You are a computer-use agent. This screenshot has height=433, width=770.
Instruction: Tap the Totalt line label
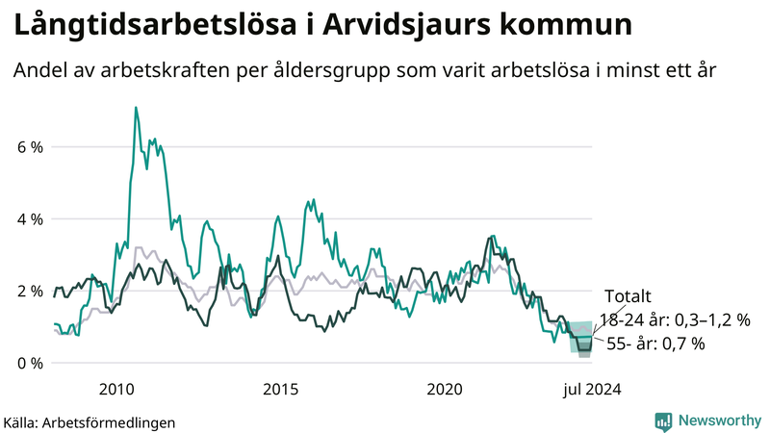click(628, 295)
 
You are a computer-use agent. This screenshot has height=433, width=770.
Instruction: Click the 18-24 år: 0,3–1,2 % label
click(674, 319)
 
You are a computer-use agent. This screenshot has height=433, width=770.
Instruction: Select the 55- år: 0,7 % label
click(655, 344)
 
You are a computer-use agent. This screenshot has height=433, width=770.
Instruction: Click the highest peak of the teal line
click(136, 108)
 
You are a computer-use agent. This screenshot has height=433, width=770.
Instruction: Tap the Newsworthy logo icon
click(663, 420)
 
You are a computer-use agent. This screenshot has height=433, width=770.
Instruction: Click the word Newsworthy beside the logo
click(718, 420)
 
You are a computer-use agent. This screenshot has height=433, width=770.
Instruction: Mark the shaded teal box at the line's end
click(581, 338)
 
